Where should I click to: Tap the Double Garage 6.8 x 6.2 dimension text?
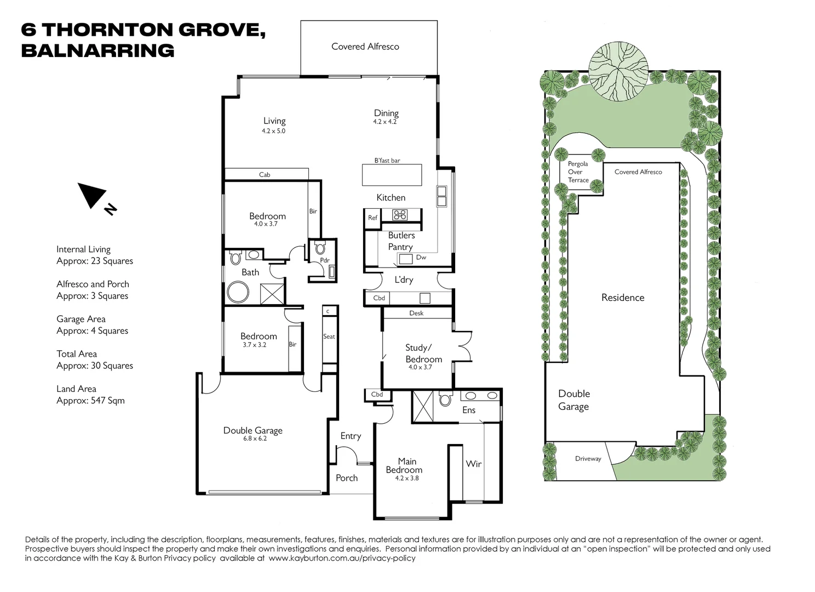(x=255, y=439)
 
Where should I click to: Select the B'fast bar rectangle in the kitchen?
(x=392, y=175)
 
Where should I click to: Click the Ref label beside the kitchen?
(x=372, y=218)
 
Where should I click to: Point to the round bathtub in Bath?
(x=238, y=292)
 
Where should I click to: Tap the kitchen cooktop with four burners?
(x=400, y=215)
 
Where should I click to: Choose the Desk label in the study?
(x=416, y=313)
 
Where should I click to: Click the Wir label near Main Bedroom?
(x=474, y=464)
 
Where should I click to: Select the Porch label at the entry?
(x=347, y=478)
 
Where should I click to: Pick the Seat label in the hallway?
(x=329, y=337)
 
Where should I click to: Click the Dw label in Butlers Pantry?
(x=421, y=258)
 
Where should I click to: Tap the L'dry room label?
(x=404, y=280)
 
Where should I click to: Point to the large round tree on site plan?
(x=618, y=71)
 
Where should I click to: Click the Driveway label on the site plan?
(x=588, y=459)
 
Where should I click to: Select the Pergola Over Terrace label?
(x=578, y=172)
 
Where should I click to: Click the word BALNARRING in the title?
(x=97, y=50)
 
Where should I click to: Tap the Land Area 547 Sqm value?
(x=90, y=401)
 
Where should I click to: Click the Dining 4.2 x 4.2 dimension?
(x=384, y=122)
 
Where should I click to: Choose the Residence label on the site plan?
(x=623, y=298)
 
